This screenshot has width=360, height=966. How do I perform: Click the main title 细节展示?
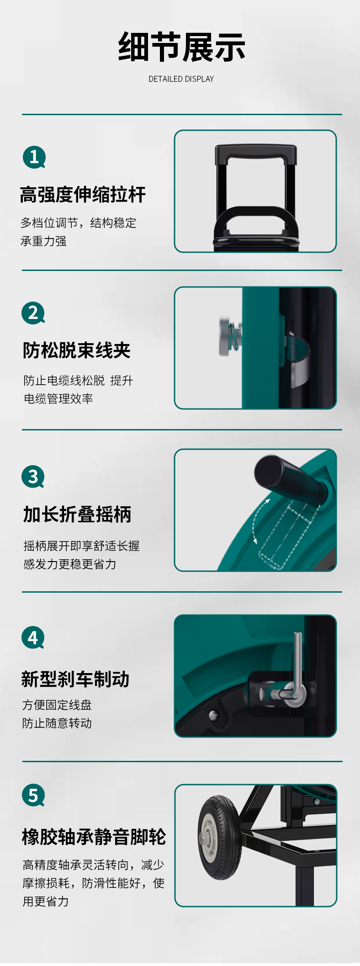181,47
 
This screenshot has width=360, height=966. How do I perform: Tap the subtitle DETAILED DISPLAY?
181,79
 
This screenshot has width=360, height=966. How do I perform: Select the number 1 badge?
34,157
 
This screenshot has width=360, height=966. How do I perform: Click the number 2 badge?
33,313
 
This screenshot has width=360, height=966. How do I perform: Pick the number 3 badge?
33,477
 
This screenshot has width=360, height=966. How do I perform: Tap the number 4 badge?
33,637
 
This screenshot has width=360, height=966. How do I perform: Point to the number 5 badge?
33,796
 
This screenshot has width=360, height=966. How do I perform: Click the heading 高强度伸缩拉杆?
83,195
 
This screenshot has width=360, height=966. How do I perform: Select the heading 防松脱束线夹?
77,350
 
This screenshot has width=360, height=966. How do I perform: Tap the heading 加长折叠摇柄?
77,515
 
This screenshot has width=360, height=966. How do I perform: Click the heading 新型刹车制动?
75,679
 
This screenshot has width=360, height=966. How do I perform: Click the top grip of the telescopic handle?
256,153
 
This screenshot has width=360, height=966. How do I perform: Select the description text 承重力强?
44,241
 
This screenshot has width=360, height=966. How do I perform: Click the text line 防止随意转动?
57,723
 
